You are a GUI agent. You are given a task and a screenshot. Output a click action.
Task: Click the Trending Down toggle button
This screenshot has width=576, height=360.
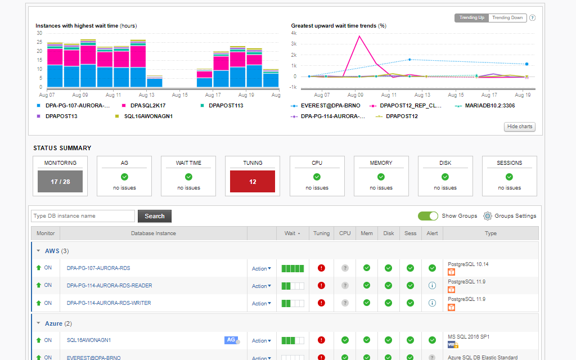508,18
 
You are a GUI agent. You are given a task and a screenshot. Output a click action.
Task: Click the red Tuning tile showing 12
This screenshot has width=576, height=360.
253,182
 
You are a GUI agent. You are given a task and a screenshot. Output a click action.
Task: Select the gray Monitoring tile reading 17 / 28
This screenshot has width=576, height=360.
60,182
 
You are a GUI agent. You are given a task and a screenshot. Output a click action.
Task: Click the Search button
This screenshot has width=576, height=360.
155,216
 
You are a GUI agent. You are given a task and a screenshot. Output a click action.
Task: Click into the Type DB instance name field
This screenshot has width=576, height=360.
83,216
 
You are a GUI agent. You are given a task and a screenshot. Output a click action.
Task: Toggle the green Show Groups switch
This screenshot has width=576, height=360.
428,216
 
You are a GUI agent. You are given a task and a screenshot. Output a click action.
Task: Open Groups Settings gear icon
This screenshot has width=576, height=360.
488,216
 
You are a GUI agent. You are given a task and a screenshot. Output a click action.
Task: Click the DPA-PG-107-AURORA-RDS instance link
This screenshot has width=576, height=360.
98,268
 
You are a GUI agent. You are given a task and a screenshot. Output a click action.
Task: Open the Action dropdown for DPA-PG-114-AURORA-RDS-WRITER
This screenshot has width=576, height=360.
262,304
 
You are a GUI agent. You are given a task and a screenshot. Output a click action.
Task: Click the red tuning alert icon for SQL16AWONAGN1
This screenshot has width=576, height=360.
322,340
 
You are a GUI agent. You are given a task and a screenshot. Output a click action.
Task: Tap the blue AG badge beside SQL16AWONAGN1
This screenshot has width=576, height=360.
231,340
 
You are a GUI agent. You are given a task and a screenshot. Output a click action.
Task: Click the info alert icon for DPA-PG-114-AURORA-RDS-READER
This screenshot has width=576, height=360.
432,286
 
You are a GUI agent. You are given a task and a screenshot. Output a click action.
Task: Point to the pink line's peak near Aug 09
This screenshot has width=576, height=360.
359,36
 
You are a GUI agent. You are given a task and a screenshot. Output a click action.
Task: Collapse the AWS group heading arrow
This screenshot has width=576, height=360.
39,251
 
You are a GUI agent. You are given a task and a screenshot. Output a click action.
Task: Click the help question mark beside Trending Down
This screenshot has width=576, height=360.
532,18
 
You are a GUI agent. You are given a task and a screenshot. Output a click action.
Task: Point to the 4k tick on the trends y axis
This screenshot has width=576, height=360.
294,33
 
